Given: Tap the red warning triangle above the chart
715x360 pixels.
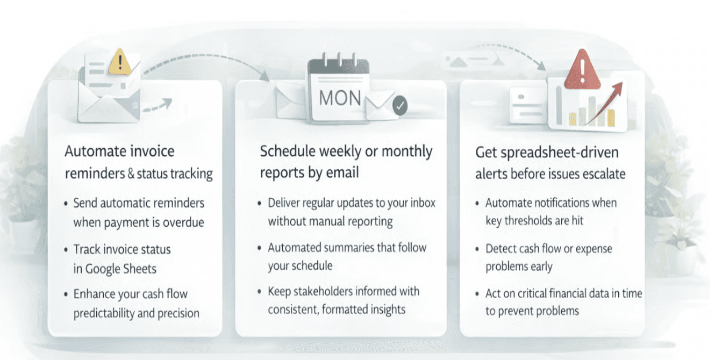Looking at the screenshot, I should [582, 69].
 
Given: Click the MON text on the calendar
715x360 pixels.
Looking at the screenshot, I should [340, 98].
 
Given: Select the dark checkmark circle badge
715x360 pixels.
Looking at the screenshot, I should [399, 106].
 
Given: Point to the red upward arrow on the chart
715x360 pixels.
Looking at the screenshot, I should [605, 102].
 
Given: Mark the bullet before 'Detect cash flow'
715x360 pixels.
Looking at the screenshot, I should [478, 249].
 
